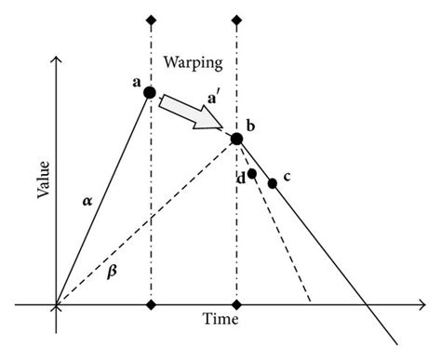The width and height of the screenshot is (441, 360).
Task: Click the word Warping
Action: (x=193, y=63)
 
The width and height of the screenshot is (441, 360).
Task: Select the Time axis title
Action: (x=220, y=318)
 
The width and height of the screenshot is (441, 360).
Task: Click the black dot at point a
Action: (x=150, y=92)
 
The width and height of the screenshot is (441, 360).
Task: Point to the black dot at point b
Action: (x=236, y=139)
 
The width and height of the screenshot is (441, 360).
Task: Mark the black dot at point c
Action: (x=272, y=183)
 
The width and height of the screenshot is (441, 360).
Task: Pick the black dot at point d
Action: (x=252, y=174)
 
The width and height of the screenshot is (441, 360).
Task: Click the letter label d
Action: (x=241, y=178)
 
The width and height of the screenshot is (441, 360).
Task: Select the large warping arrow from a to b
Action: (x=192, y=114)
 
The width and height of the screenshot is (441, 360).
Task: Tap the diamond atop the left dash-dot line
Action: (x=150, y=20)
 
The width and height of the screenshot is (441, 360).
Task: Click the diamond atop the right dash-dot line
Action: (x=236, y=20)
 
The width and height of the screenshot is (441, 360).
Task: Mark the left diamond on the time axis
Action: (x=150, y=304)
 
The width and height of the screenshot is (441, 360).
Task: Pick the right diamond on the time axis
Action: (x=236, y=304)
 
